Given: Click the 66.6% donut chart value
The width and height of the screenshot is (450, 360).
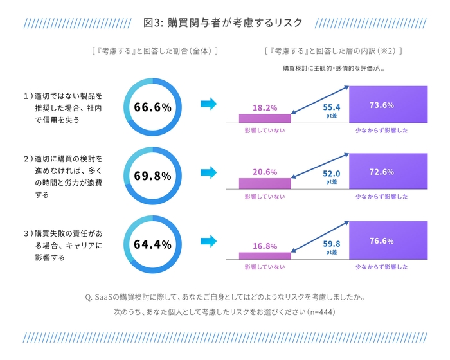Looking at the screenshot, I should [x=152, y=107].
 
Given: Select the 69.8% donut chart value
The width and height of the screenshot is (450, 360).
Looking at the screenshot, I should [x=152, y=175].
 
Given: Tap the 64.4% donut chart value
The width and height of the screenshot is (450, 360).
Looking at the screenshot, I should [x=152, y=244].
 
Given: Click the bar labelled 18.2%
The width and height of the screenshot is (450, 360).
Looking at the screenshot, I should [x=265, y=117].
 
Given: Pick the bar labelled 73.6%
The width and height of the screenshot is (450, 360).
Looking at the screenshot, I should [x=388, y=104].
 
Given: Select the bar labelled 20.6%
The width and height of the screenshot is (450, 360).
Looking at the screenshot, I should [x=265, y=183].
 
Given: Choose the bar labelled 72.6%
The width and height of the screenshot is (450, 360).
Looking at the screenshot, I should [x=388, y=172].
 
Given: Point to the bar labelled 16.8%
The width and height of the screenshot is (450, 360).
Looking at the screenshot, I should [x=265, y=255].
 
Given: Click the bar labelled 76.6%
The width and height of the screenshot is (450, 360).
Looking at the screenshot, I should [x=388, y=241].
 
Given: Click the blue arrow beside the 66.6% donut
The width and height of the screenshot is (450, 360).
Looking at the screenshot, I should [x=209, y=104].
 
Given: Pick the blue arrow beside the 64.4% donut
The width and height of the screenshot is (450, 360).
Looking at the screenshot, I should [x=209, y=241].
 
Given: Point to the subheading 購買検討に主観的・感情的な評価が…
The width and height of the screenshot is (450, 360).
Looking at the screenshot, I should [x=333, y=68].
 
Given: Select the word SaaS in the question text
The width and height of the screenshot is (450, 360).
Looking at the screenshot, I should [x=104, y=297].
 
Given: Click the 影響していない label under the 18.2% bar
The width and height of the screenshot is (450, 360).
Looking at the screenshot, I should [x=265, y=130].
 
